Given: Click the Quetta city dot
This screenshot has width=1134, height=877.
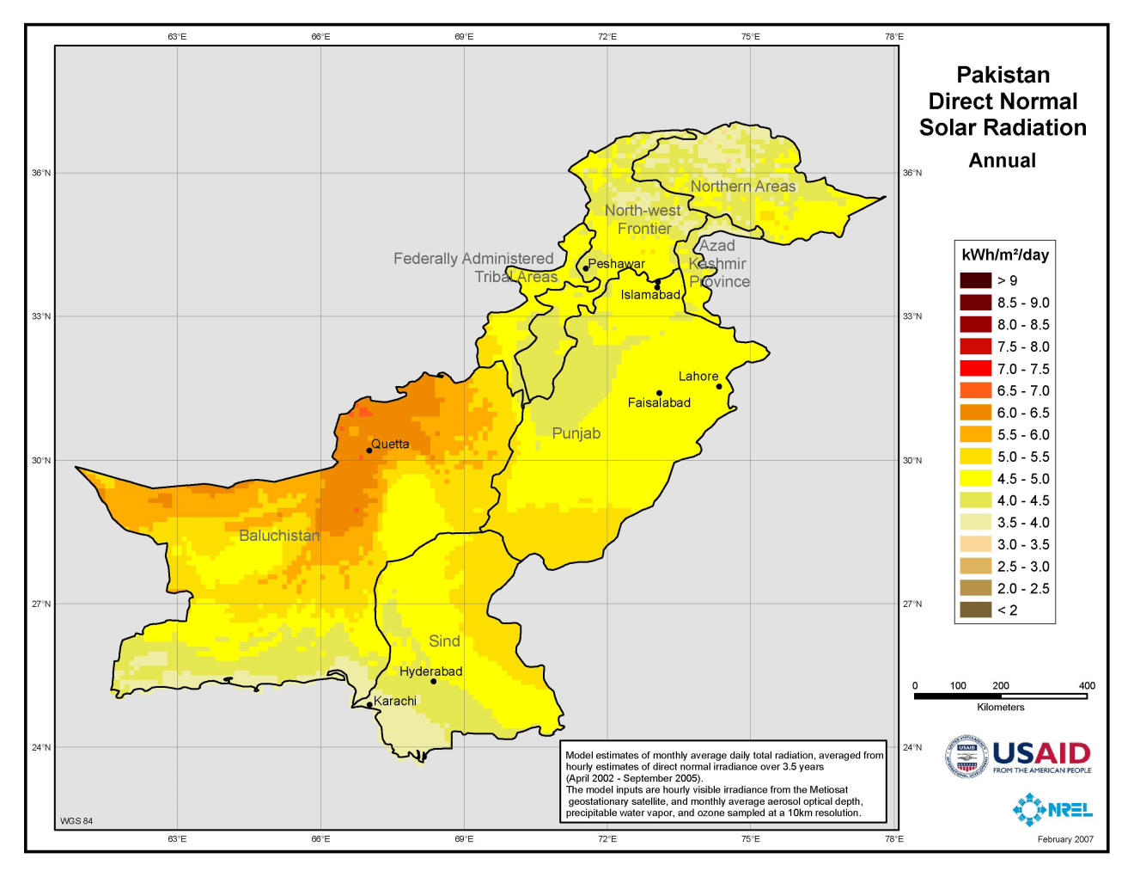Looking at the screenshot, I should click(369, 451).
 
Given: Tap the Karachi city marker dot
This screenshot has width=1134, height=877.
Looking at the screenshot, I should click(369, 705).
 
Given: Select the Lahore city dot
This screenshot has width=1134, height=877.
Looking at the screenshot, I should click(719, 387).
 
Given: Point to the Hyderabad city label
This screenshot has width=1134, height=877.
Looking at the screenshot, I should click(430, 672).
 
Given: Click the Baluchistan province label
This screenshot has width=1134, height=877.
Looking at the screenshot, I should click(279, 536).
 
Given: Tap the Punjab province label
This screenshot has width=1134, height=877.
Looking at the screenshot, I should click(576, 433).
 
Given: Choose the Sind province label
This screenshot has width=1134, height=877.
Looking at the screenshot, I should click(444, 641).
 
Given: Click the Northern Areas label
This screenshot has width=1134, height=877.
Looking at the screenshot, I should click(743, 187).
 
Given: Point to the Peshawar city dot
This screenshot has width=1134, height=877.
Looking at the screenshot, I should click(586, 268).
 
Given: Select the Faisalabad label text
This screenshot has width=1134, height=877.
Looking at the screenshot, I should click(659, 403).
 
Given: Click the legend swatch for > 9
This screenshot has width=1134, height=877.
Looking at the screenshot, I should click(975, 280).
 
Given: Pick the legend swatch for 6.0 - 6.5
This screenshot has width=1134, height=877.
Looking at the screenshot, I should click(975, 413).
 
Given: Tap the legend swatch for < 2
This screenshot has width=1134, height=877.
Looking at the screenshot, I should click(975, 610).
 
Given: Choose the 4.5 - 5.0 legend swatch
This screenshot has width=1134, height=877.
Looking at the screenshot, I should click(975, 479).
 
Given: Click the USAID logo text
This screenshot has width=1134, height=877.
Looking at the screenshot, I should click(1041, 754).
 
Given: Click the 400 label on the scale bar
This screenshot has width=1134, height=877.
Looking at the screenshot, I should click(1087, 686).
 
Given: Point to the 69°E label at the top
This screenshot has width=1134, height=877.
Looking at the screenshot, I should click(464, 37).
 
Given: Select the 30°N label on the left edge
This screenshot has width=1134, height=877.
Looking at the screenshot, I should click(41, 461).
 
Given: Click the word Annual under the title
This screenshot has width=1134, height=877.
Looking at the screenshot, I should click(1002, 161).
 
